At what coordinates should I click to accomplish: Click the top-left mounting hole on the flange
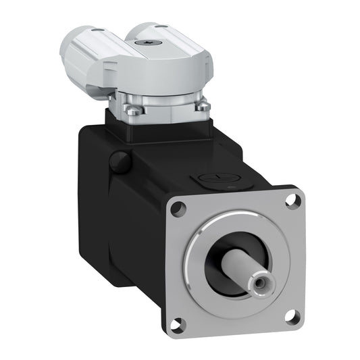(178, 209)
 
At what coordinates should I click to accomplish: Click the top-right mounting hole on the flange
(292, 200)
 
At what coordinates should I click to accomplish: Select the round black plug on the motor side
(119, 161)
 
